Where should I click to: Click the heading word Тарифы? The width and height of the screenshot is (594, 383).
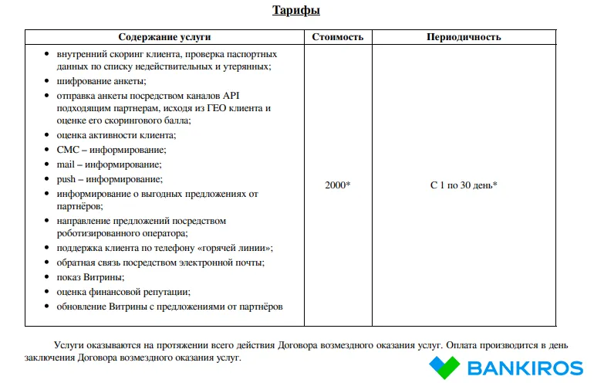tap(296, 11)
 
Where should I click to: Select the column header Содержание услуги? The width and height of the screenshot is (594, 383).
tap(164, 37)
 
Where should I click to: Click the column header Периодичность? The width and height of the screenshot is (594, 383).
tap(464, 37)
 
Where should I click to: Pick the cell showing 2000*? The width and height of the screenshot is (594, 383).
tap(338, 185)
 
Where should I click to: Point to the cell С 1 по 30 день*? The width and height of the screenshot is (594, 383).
tap(464, 185)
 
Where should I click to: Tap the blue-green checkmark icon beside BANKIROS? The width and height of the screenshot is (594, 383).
tap(445, 367)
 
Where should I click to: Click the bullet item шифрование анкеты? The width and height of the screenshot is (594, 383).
tap(101, 81)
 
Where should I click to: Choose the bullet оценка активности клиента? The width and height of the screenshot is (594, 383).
tap(116, 135)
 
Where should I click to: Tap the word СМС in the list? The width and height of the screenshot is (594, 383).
tap(68, 150)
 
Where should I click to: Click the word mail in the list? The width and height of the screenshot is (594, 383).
tap(66, 164)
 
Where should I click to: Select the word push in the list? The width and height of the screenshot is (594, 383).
tap(66, 179)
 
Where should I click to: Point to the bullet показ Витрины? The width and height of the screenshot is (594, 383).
tap(90, 277)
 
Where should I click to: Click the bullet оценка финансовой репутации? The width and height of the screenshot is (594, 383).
tap(123, 292)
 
